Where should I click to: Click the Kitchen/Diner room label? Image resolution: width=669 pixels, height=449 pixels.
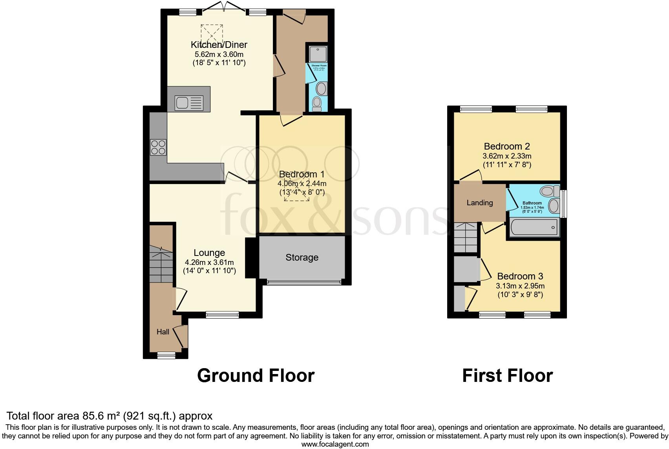tap(219, 44)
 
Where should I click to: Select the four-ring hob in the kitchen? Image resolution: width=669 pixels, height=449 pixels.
tap(158, 147)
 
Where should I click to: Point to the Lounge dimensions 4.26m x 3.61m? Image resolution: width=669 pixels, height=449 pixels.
tap(209, 263)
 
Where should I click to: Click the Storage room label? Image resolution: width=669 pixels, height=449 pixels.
tap(302, 257)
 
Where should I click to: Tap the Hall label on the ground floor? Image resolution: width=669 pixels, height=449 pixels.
tap(163, 332)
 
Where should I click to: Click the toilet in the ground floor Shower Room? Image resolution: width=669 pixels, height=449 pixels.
tap(316, 104)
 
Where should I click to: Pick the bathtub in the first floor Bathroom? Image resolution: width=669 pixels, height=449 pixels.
tap(534, 228)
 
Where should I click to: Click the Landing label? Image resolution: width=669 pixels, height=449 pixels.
tap(480, 203)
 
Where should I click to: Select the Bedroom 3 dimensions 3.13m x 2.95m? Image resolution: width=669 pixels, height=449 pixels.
tap(520, 286)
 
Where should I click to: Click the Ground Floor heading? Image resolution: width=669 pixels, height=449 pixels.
tap(256, 376)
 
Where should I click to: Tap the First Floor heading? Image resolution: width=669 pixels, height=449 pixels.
tap(507, 376)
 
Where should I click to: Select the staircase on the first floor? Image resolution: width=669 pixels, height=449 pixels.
tap(466, 238)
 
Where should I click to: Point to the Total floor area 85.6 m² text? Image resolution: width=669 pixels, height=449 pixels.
tap(110, 416)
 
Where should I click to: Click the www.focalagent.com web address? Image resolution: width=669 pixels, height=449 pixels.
tap(335, 444)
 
